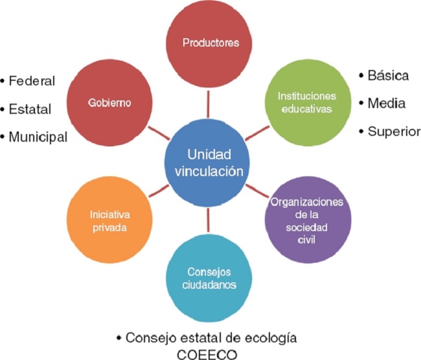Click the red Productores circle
coord(210,43)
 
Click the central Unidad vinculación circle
coord(208,163)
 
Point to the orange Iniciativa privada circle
coord(108,221)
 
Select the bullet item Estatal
coord(30,109)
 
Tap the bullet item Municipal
coord(37,136)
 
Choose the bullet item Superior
coord(393,131)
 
